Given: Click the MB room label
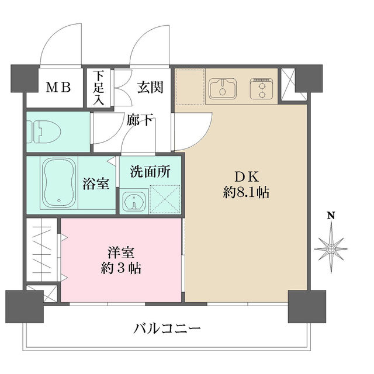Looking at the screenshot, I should coord(58,88).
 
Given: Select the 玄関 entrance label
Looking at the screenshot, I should coord(150,88).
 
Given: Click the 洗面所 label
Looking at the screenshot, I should coord(150,172).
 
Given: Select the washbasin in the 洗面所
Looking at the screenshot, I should coord(136,200).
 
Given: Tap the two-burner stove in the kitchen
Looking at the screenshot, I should coord(262,89).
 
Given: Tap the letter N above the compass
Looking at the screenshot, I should coord(331,216).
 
